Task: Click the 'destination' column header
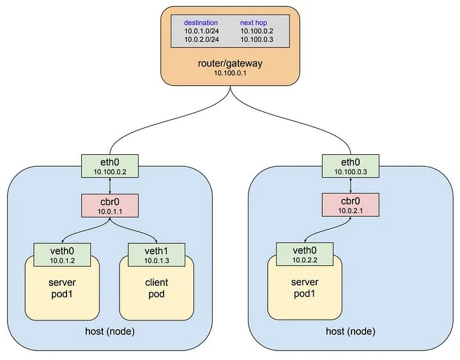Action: click(x=201, y=22)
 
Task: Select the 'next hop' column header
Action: click(x=254, y=22)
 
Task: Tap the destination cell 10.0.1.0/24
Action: click(x=201, y=31)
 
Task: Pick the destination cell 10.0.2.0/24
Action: click(x=201, y=40)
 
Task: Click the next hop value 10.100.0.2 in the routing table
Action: click(x=257, y=31)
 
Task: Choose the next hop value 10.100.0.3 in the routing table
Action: click(x=257, y=40)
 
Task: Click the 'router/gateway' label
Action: click(x=230, y=63)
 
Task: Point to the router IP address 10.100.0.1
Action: click(x=230, y=73)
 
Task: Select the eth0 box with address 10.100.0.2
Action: click(x=110, y=166)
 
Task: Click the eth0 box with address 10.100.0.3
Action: click(x=351, y=166)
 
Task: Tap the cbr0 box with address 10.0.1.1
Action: click(x=110, y=205)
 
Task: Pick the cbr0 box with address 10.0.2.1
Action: click(x=351, y=205)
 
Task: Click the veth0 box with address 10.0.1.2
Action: click(x=62, y=255)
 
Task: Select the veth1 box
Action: click(x=157, y=255)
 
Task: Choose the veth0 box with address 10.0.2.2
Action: click(x=305, y=254)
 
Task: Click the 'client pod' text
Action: click(x=157, y=288)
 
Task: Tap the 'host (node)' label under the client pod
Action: click(x=110, y=331)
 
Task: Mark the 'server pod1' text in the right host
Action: click(x=305, y=288)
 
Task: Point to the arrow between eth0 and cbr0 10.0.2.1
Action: click(x=351, y=185)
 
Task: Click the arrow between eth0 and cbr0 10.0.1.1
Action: click(x=110, y=186)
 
